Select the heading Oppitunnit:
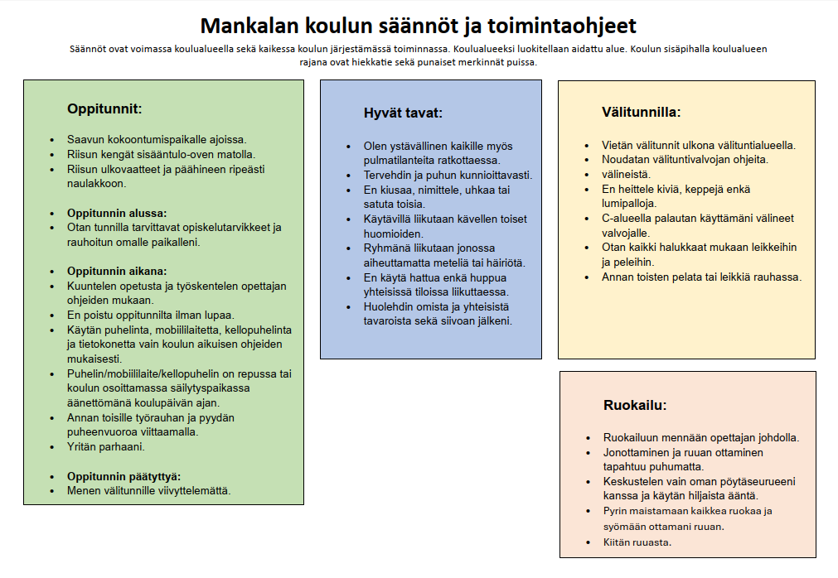[104, 108]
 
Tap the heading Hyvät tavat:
[403, 113]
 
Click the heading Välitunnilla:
[641, 112]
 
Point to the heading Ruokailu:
[635, 405]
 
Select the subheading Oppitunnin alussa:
[117, 212]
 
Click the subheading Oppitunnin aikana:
[117, 271]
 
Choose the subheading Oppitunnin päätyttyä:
[124, 476]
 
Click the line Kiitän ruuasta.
[637, 542]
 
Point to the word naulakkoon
[96, 183]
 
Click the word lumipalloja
[629, 203]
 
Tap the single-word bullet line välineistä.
[626, 174]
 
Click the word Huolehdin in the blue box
[392, 306]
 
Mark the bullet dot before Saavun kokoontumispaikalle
[52, 140]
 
